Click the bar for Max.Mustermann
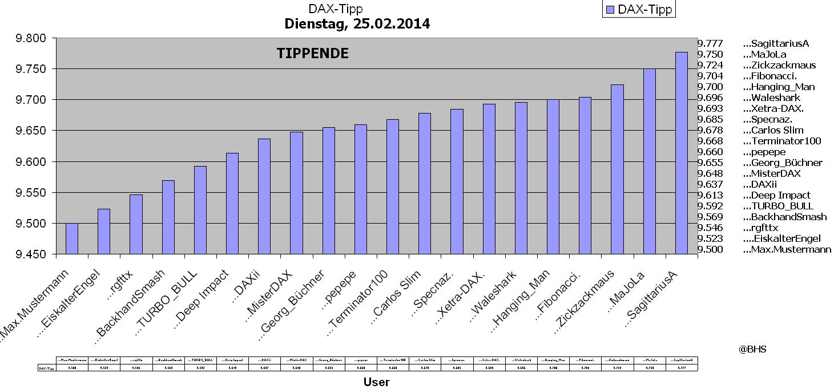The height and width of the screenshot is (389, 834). [x=72, y=238]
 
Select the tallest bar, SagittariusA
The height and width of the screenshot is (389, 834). [x=681, y=153]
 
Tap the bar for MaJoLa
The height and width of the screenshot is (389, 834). [x=649, y=161]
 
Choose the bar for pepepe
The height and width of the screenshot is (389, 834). [x=360, y=189]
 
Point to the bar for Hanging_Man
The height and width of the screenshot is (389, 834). [x=553, y=176]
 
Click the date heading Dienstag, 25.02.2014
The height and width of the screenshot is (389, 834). [x=357, y=24]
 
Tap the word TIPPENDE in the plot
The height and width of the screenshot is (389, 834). [x=312, y=54]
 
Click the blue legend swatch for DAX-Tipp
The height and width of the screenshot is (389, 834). [x=609, y=10]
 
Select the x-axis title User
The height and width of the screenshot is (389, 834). [x=376, y=382]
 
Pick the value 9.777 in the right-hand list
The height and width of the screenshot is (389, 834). [x=710, y=43]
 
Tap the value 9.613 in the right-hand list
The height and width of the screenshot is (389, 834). [x=710, y=195]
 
